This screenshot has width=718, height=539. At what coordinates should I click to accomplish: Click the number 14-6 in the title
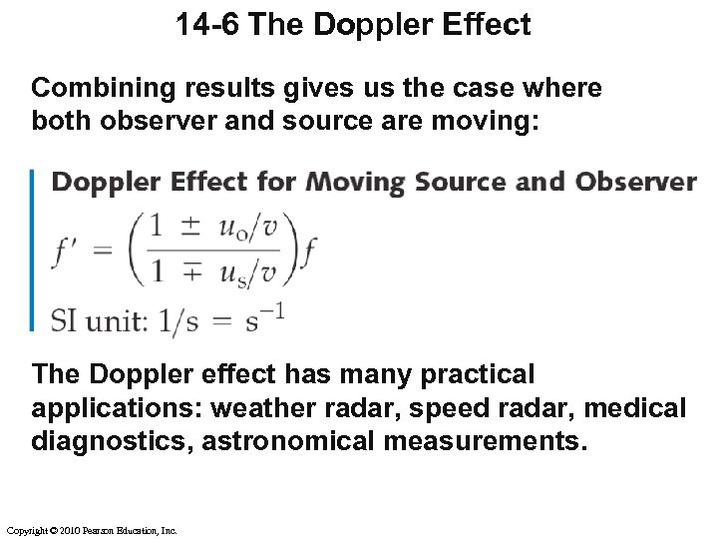tap(208, 25)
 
